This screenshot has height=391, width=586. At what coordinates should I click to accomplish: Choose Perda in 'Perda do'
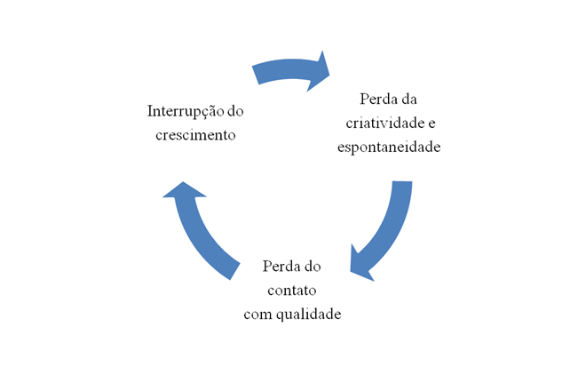point(281,267)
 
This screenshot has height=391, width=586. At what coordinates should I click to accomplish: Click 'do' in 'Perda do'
point(313,267)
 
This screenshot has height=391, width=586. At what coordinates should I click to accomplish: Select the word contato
point(293,290)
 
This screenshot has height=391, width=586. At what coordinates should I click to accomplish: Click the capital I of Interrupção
point(149,112)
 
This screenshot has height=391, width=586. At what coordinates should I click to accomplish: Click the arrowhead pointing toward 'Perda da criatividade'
point(317,72)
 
